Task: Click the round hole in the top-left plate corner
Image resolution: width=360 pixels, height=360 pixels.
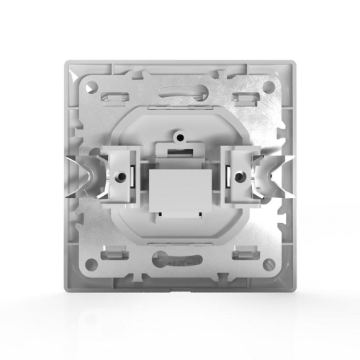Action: tap(91, 86)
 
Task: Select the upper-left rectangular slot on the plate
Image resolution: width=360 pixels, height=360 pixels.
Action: tap(113, 95)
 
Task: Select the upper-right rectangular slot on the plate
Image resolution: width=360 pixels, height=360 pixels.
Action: tap(246, 95)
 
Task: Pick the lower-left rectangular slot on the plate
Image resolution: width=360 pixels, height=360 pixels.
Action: tap(113, 253)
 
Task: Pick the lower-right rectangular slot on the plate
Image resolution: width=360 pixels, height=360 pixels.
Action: tap(246, 253)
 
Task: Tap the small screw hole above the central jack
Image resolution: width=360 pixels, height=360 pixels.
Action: tap(179, 134)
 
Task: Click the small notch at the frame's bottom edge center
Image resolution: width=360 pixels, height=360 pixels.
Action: tap(179, 293)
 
